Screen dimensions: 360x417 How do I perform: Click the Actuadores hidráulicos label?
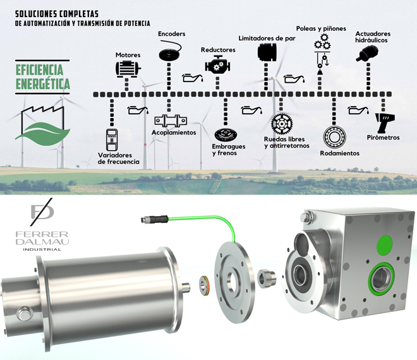(x=373, y=37)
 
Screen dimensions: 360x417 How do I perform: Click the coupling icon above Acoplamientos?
(x=171, y=121)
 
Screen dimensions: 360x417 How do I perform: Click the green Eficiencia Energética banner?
(x=42, y=76)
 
